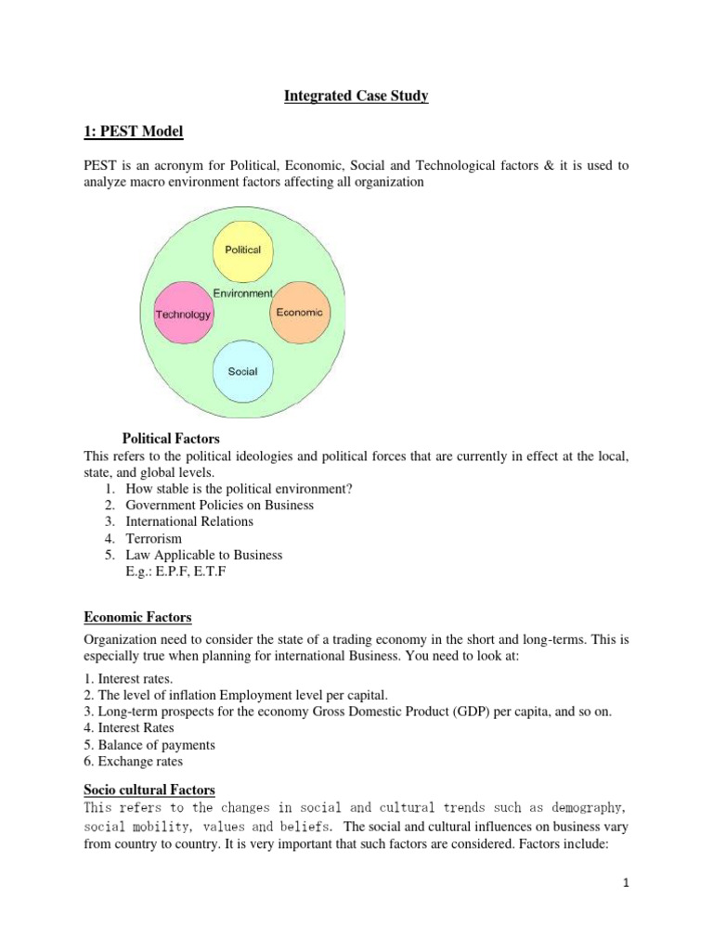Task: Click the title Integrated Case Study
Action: point(356,96)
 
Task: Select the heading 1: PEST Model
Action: point(134,133)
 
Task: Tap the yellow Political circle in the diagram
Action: point(243,250)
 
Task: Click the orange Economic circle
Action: point(299,313)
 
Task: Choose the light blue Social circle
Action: point(242,372)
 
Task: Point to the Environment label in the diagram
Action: point(243,293)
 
